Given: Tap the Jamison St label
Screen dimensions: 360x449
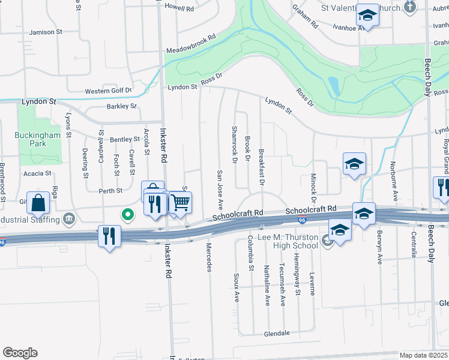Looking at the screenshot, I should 46,32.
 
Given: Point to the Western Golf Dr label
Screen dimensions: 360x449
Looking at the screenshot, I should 108,91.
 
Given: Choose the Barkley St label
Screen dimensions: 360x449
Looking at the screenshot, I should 122,106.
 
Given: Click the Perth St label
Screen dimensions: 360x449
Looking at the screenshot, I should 110,190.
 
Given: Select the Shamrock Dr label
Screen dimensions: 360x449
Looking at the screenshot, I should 234,144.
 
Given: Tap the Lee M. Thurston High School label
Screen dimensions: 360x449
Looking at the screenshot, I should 288,242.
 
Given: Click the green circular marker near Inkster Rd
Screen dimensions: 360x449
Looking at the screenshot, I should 127,214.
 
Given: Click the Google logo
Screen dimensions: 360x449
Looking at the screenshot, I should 20,352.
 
